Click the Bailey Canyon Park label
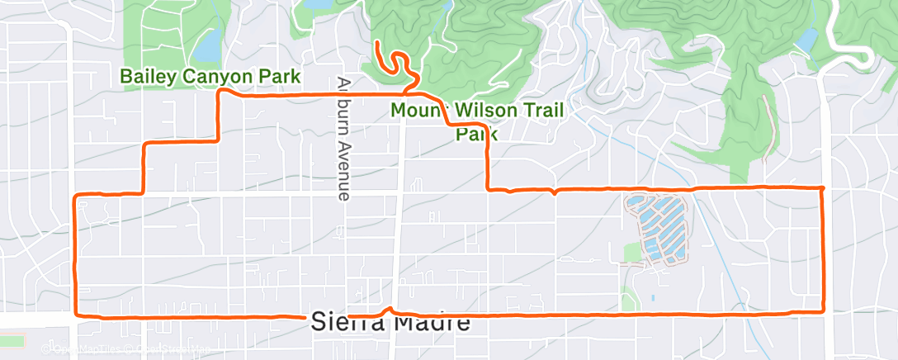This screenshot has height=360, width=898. point(210,77)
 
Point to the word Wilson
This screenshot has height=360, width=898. point(483,110)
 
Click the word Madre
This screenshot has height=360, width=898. point(432,324)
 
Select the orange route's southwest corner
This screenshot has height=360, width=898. point(77,315)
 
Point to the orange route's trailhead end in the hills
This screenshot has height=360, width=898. point(376,41)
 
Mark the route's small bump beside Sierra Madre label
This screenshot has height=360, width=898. point(386,310)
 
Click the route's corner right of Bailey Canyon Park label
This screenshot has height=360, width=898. point(219,93)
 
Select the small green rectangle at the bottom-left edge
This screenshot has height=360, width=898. point(12,340)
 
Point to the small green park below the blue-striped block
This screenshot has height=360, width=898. point(631,300)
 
